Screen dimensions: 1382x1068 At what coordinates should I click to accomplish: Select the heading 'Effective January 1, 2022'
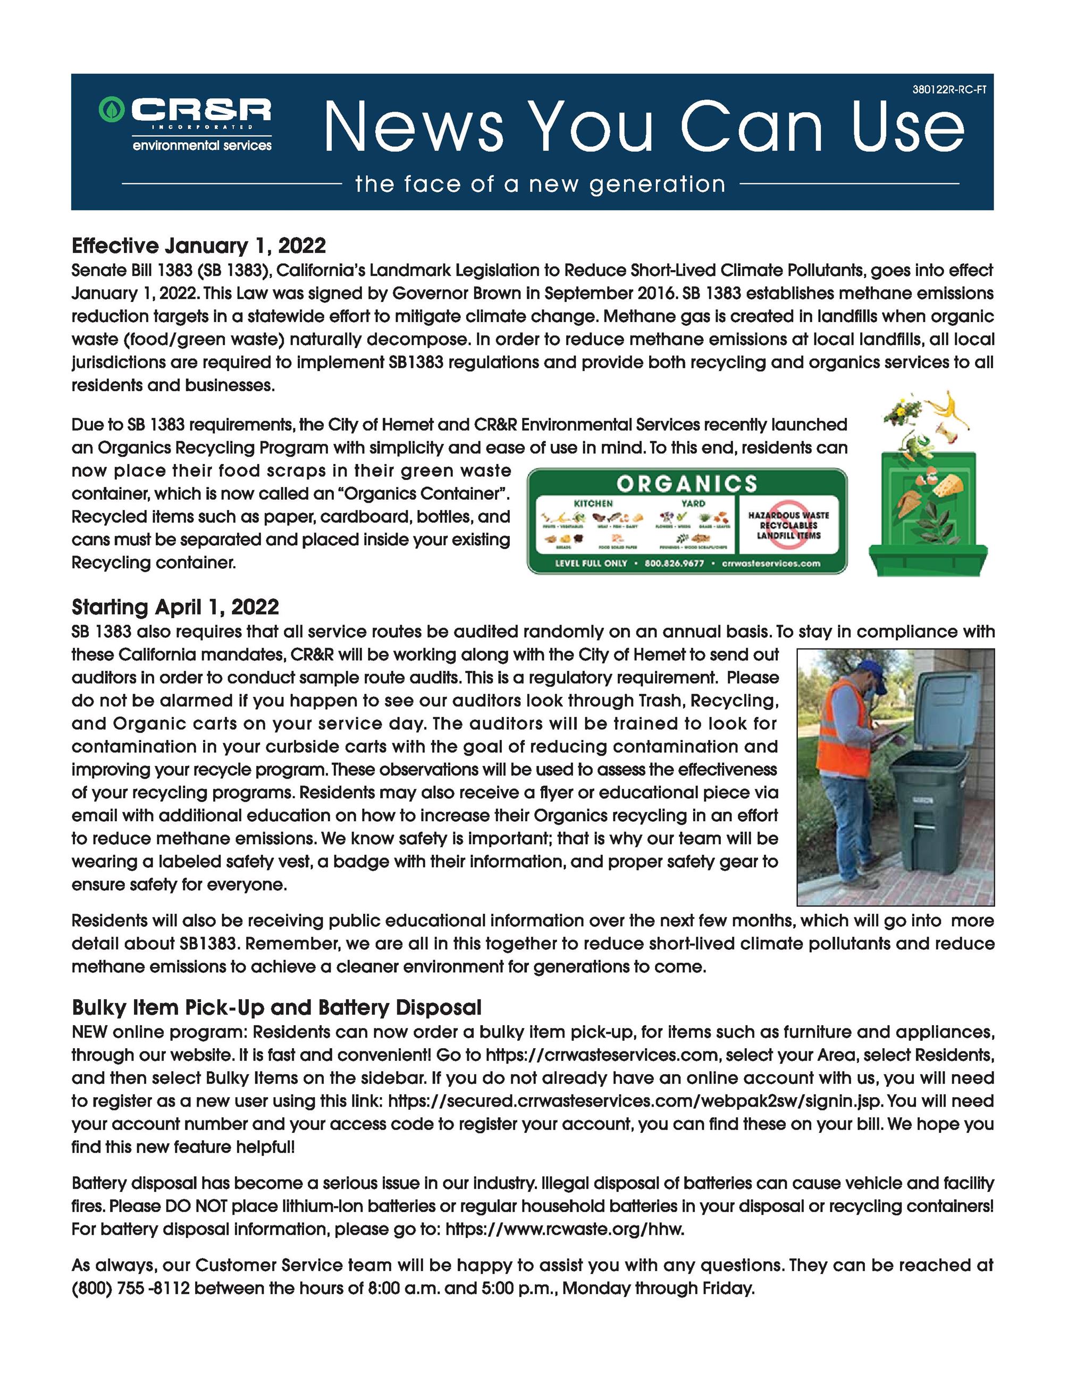199,246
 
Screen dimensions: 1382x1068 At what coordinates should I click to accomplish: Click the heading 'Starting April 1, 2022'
175,608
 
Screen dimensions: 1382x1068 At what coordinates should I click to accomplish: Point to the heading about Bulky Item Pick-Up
276,1007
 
